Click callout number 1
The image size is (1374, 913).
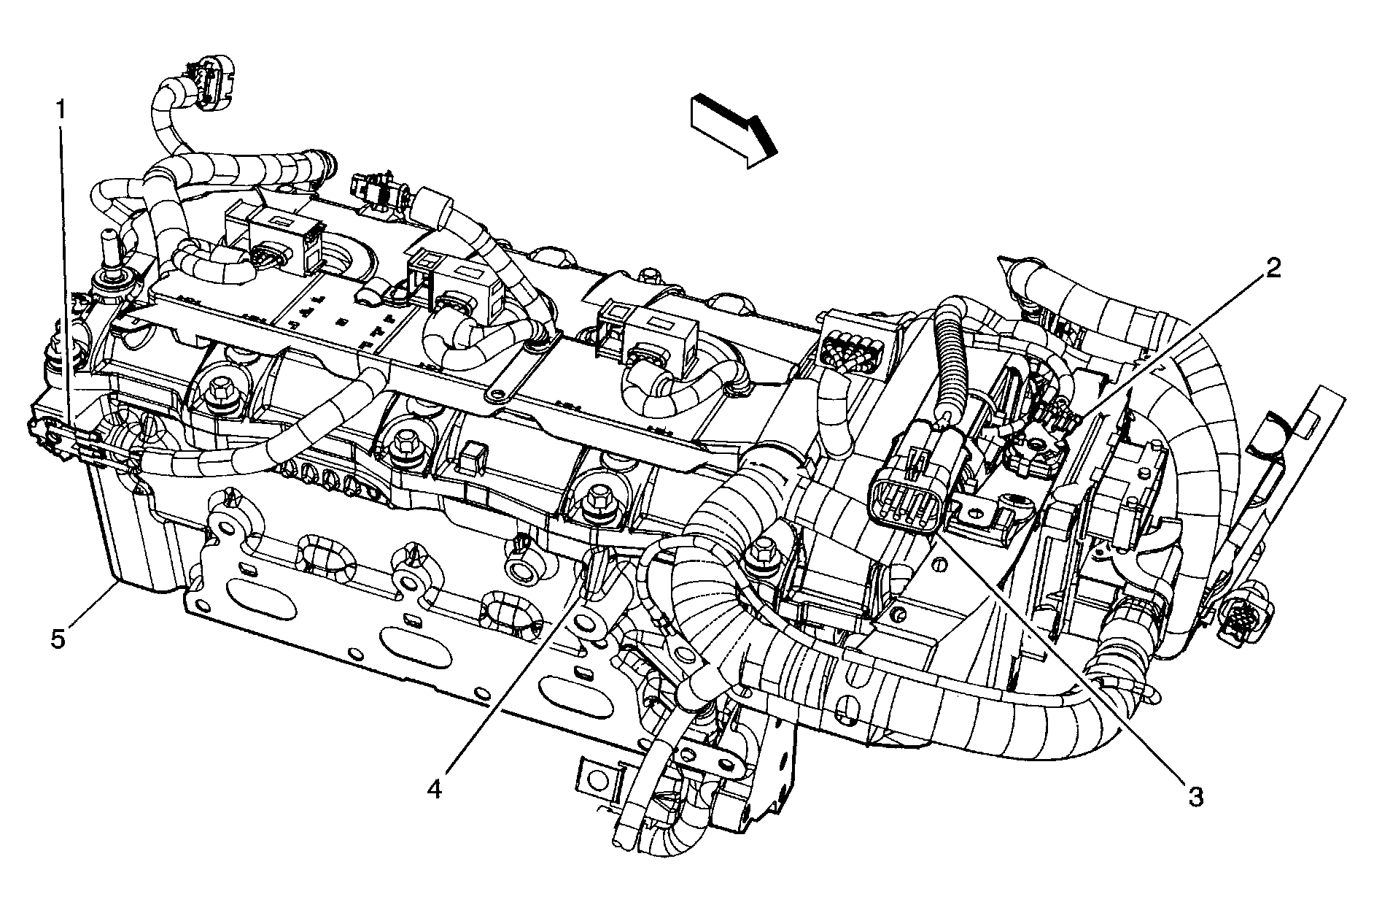tap(61, 110)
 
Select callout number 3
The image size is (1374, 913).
tap(1194, 797)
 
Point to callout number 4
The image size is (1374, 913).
tap(435, 788)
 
